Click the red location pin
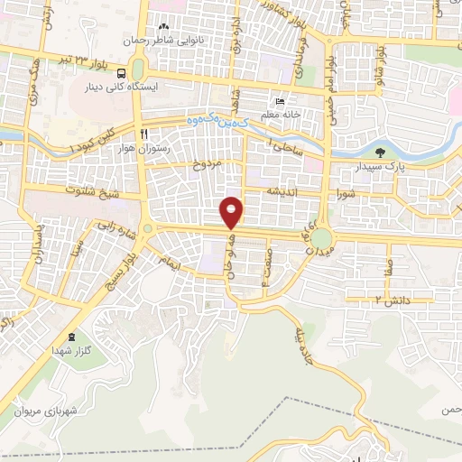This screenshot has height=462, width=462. click(233, 213)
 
